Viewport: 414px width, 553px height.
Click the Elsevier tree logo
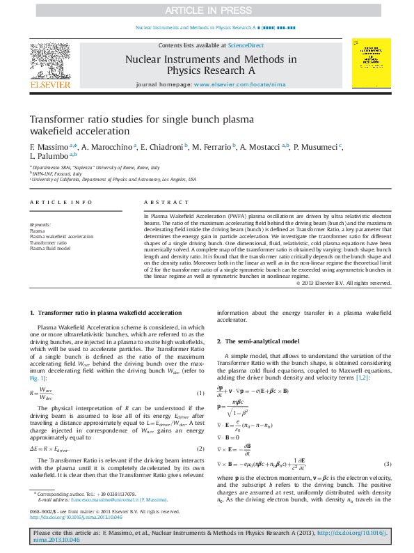pyautogui.click(x=49, y=63)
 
